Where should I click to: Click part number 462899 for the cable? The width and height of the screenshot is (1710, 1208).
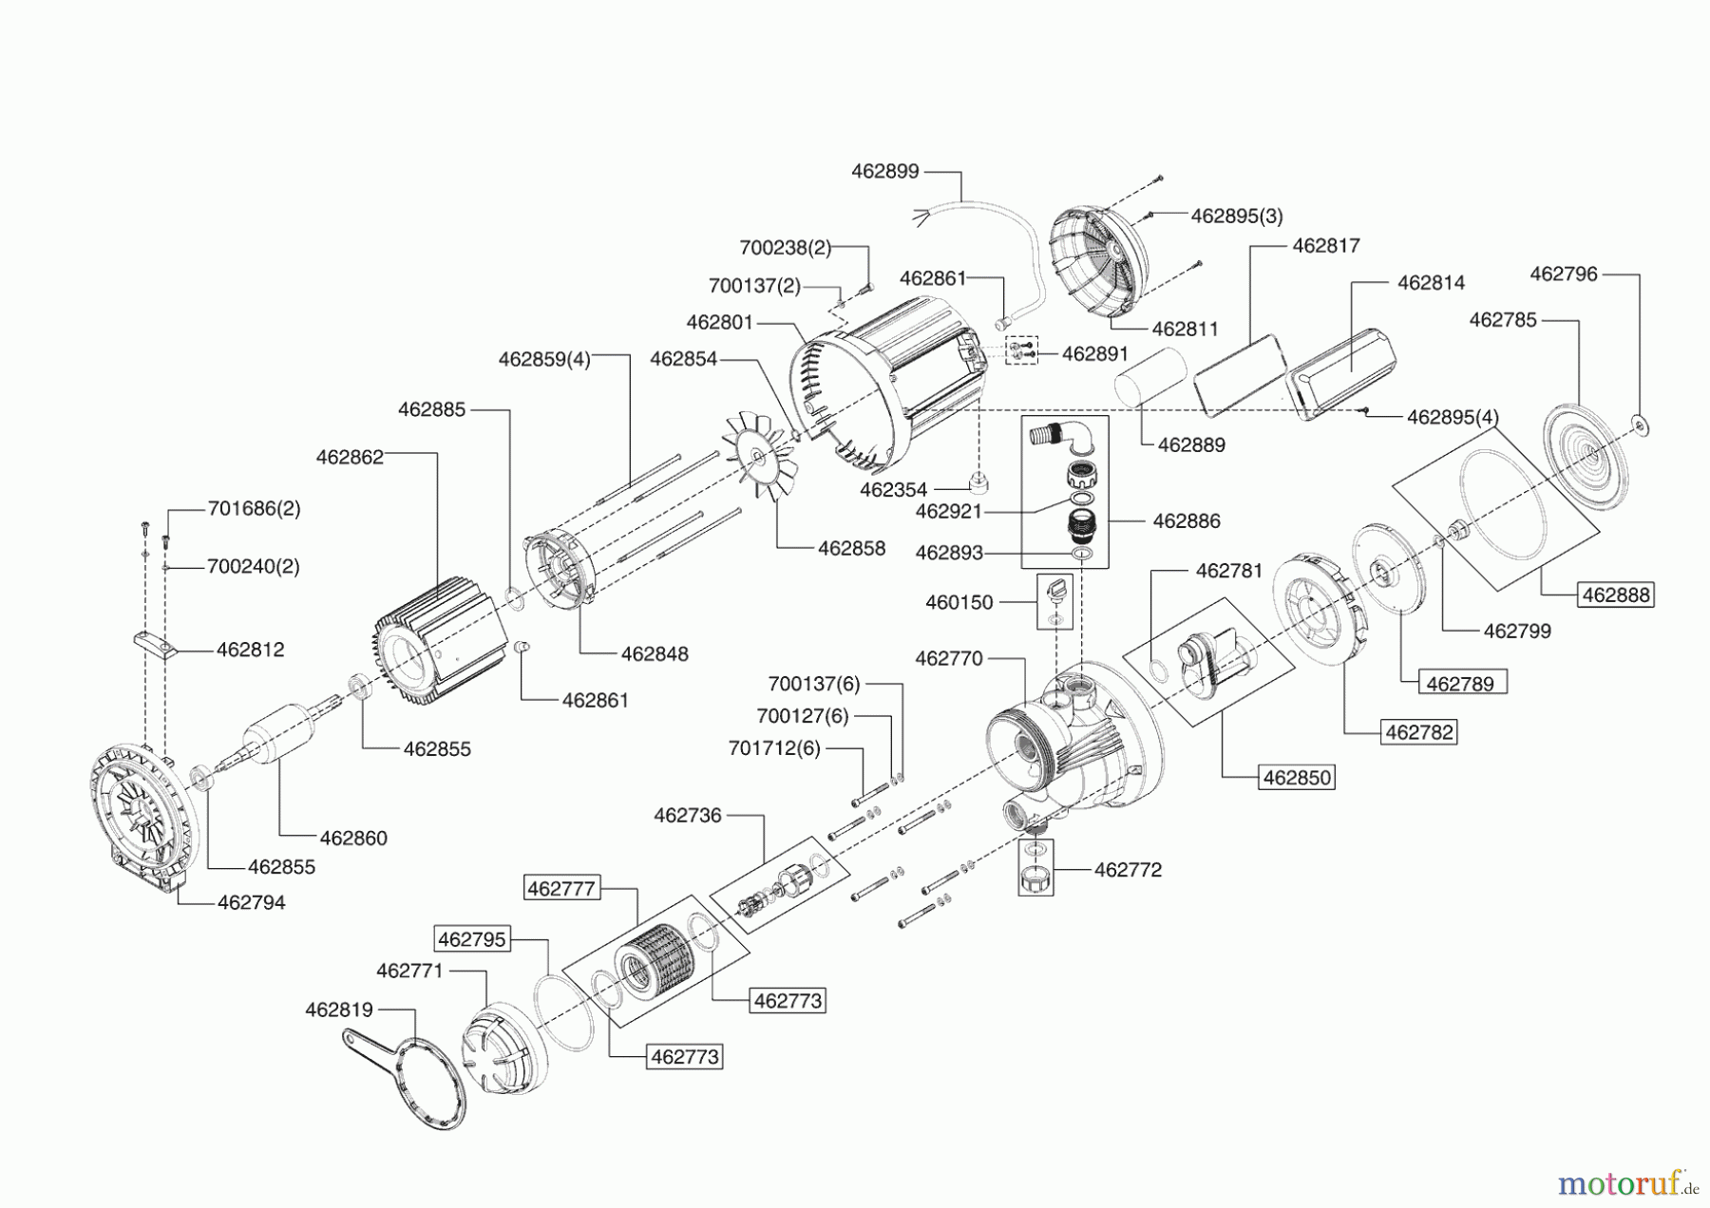pyautogui.click(x=884, y=172)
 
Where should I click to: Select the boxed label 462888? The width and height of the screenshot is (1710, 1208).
pyautogui.click(x=1616, y=595)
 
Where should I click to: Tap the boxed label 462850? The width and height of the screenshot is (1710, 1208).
pyautogui.click(x=1297, y=777)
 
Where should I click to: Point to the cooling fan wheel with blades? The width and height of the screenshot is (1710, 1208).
pyautogui.click(x=759, y=459)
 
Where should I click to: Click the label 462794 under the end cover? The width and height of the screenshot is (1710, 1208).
pyautogui.click(x=251, y=902)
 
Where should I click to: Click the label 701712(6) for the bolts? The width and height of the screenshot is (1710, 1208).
pyautogui.click(x=774, y=748)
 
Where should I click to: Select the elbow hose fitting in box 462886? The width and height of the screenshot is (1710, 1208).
pyautogui.click(x=1062, y=439)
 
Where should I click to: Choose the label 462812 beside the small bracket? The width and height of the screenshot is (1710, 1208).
pyautogui.click(x=250, y=650)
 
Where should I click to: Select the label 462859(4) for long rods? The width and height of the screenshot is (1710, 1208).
pyautogui.click(x=544, y=359)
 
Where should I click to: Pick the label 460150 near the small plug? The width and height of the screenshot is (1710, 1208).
pyautogui.click(x=959, y=602)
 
